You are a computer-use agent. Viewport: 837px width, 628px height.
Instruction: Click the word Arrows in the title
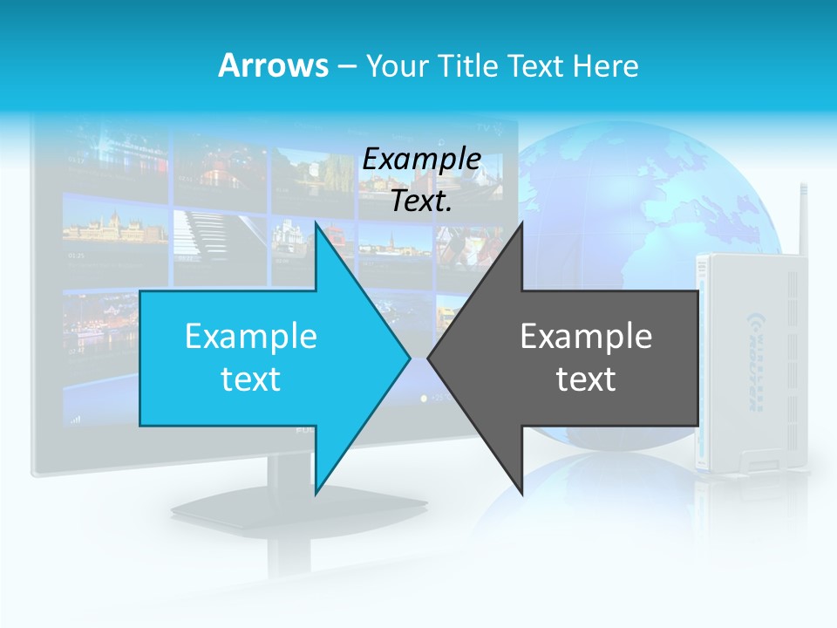(272, 65)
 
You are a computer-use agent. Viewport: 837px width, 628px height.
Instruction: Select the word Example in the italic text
(421, 159)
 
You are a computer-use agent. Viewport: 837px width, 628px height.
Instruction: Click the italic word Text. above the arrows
(421, 201)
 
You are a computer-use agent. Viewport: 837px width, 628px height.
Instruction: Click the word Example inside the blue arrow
(251, 336)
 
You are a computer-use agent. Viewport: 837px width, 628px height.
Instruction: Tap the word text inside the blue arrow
(251, 379)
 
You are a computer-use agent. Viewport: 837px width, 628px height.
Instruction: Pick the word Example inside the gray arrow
(586, 336)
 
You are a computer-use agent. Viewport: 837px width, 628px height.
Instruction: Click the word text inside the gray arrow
(586, 379)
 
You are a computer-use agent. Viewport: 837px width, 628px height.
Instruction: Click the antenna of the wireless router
(800, 218)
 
